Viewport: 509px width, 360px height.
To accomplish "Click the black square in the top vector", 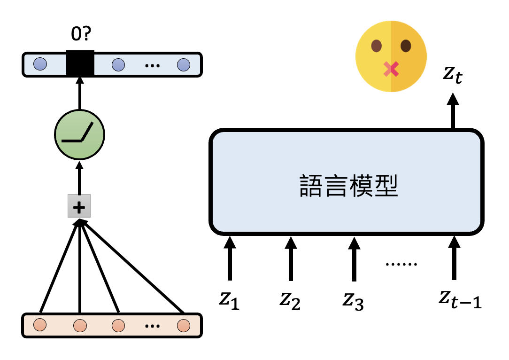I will [80, 63].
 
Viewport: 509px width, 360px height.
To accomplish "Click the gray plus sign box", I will [79, 206].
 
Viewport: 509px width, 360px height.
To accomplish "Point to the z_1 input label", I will [229, 300].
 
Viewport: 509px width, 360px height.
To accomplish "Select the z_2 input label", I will [290, 300].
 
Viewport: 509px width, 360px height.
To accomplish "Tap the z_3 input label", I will [353, 300].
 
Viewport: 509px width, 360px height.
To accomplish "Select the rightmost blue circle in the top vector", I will [183, 64].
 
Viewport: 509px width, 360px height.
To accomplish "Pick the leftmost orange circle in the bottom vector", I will [41, 325].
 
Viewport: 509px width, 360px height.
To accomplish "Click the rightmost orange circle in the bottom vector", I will [183, 325].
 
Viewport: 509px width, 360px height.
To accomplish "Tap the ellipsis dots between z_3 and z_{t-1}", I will [401, 264].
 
